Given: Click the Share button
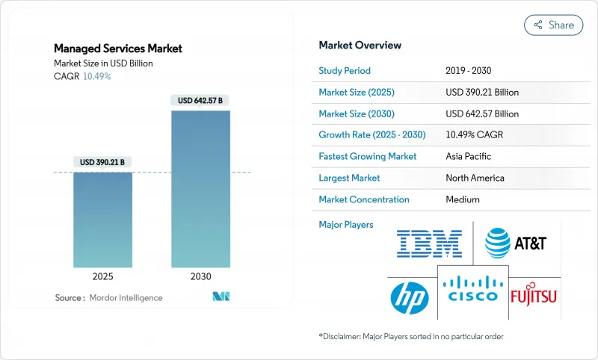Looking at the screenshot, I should tap(553, 25).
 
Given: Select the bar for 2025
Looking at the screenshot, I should tap(102, 220).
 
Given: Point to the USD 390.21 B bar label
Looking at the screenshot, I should tap(102, 162).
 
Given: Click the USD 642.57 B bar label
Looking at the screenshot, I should tap(200, 100).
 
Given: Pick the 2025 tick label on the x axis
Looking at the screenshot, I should tap(102, 276).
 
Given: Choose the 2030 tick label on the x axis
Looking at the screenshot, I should tap(200, 276).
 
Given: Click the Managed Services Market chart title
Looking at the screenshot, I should tap(118, 49).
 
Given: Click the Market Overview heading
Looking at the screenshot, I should tap(360, 45).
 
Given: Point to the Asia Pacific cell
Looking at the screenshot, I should tap(468, 157).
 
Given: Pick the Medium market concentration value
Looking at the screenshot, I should tap(462, 199).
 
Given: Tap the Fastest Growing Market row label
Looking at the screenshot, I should tap(368, 157).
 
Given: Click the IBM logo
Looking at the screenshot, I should tap(429, 243).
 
